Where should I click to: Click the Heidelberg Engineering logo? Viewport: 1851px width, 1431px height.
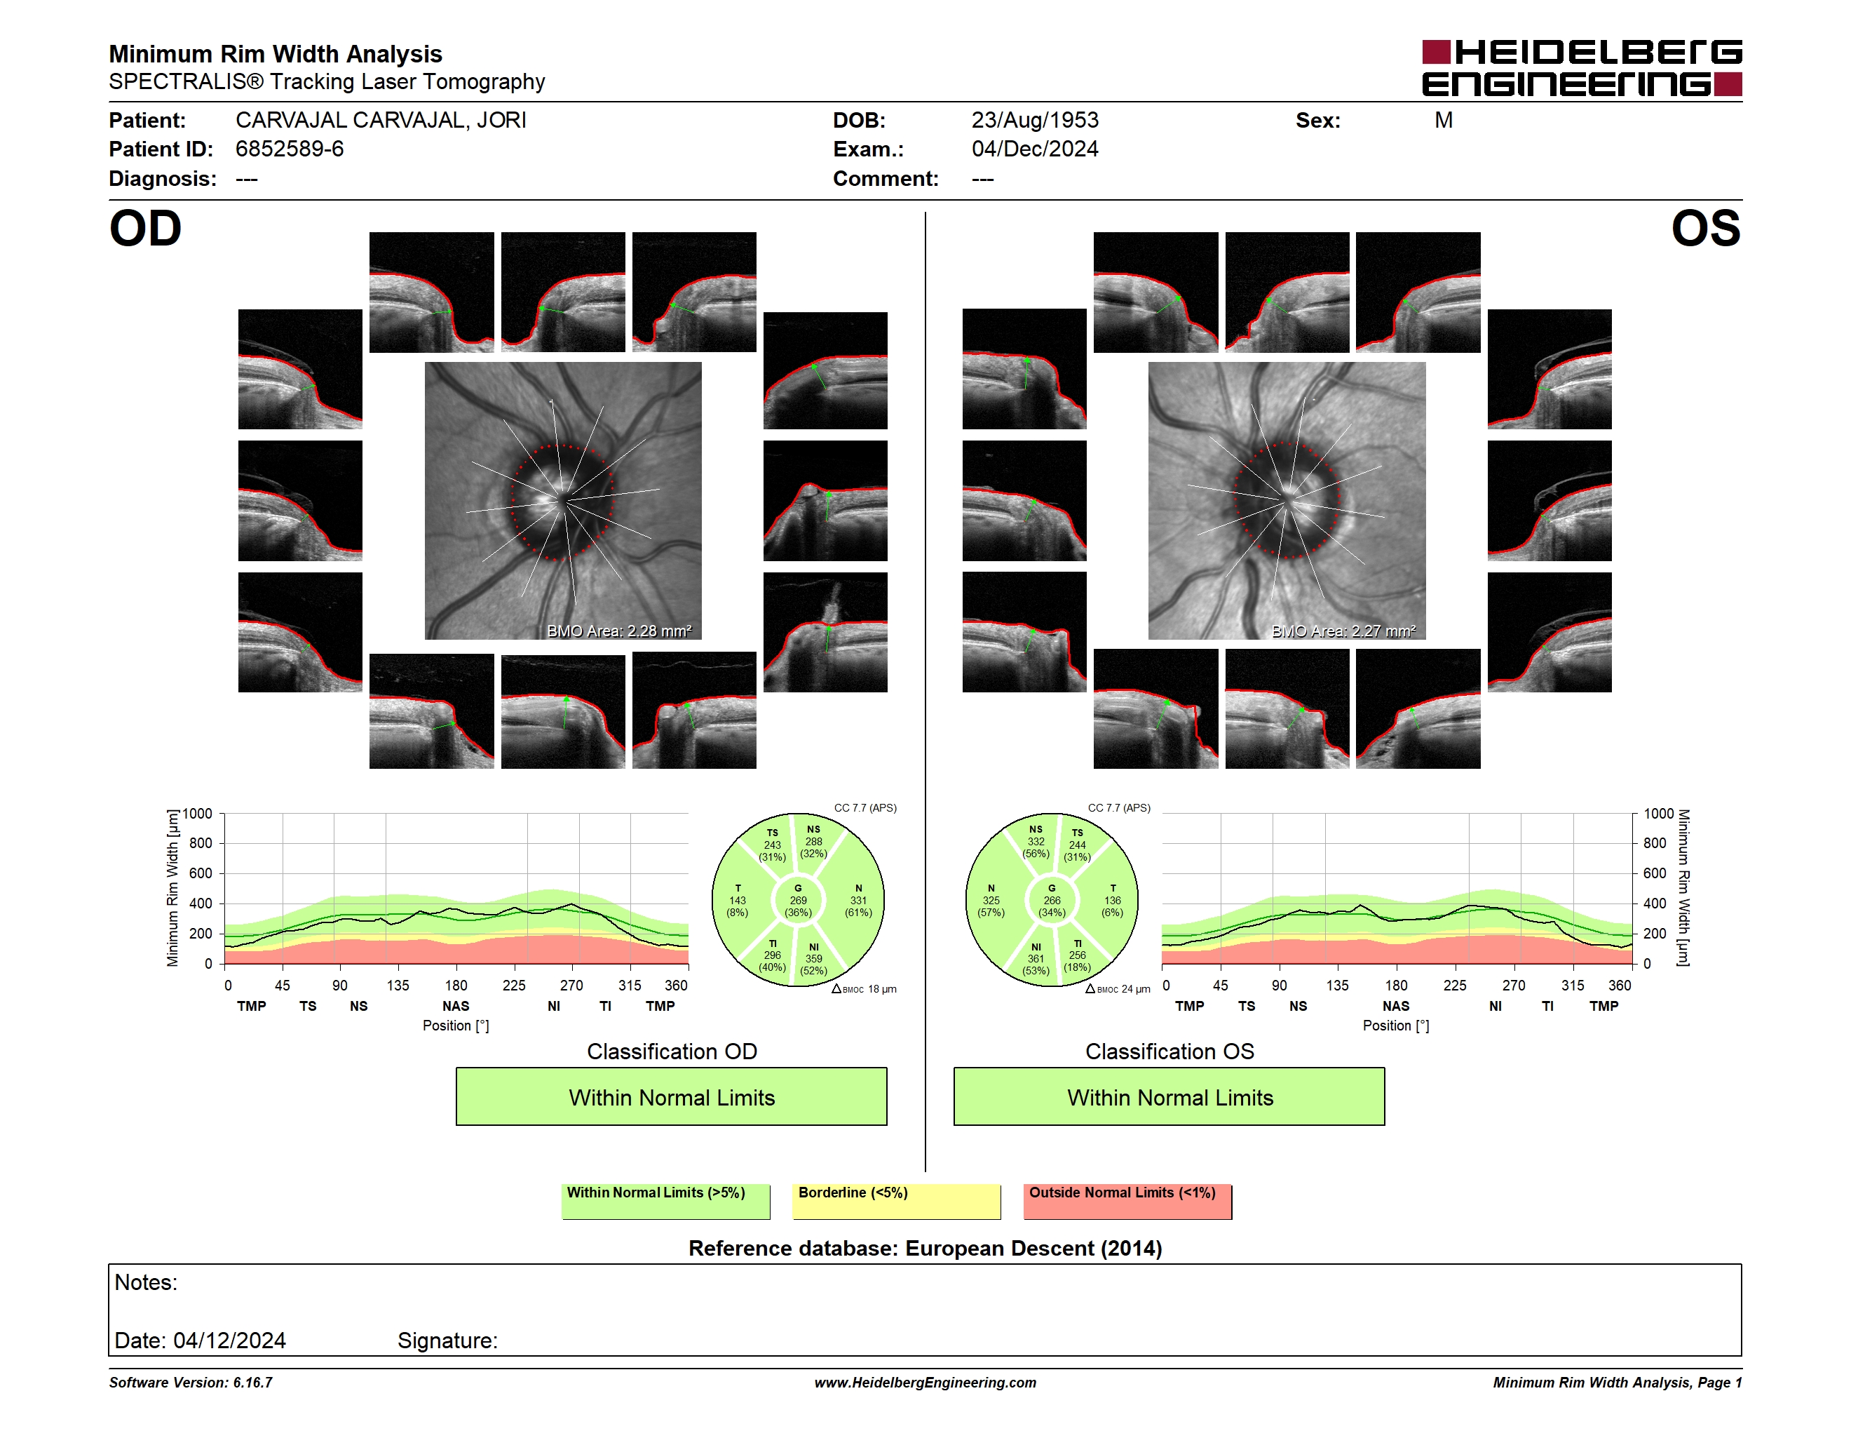click(1582, 68)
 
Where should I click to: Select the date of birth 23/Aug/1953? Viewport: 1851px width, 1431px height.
click(1035, 121)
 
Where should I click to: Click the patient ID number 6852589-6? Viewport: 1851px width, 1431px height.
click(290, 149)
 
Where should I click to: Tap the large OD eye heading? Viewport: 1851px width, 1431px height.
click(146, 228)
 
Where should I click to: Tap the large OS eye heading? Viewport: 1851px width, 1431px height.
click(1706, 228)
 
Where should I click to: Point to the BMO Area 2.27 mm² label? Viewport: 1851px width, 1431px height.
click(1343, 631)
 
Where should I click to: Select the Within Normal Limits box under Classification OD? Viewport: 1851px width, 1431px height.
click(671, 1096)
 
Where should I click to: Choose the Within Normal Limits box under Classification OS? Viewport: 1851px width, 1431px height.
click(1169, 1096)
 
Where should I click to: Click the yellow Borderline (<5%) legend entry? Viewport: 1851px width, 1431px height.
click(897, 1201)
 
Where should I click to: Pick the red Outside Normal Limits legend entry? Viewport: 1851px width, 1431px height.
click(1127, 1201)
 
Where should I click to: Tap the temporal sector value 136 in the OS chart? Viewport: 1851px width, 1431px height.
click(1113, 900)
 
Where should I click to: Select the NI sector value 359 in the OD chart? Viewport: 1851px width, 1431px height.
click(813, 959)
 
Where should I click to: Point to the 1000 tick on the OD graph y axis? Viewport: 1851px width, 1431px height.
click(198, 814)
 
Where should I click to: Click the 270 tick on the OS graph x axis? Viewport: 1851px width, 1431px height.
click(1514, 985)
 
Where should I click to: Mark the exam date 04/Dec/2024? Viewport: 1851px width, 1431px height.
click(1035, 149)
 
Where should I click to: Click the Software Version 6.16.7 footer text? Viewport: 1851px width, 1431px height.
click(191, 1383)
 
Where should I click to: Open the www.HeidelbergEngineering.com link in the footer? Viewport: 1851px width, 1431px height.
click(925, 1383)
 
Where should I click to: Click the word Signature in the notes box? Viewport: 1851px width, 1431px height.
click(447, 1341)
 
